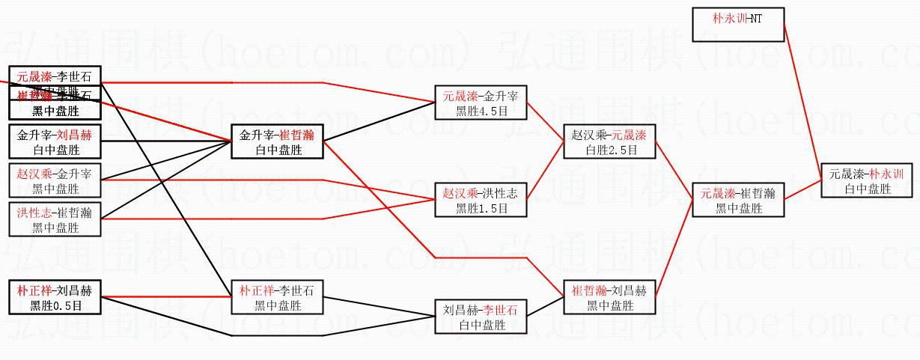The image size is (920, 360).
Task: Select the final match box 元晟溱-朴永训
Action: click(x=867, y=181)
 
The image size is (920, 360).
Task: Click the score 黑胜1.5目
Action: click(x=481, y=208)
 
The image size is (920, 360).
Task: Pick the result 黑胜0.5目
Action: click(x=55, y=305)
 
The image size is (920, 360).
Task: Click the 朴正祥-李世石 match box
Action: click(x=277, y=297)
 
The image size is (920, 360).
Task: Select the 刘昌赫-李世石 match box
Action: click(x=481, y=317)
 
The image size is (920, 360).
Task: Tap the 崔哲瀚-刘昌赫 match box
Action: click(x=611, y=297)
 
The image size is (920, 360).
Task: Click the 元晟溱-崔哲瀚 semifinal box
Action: click(x=738, y=201)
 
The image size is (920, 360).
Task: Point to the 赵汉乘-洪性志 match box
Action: click(x=481, y=200)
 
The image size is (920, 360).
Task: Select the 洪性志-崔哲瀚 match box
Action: click(x=55, y=219)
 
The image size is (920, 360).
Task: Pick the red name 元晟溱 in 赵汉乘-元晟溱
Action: click(x=628, y=135)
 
